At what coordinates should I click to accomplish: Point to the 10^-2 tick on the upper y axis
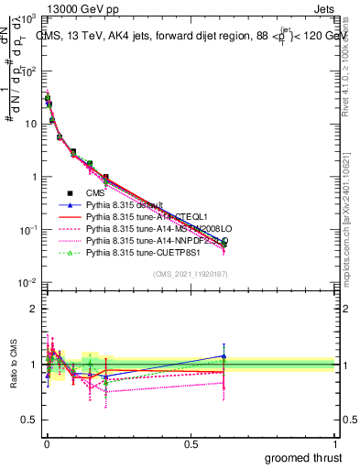(27, 283)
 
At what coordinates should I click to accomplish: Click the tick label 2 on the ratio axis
(33, 308)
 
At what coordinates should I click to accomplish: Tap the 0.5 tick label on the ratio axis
(29, 420)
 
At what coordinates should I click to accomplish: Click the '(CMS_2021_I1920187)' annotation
(190, 274)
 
